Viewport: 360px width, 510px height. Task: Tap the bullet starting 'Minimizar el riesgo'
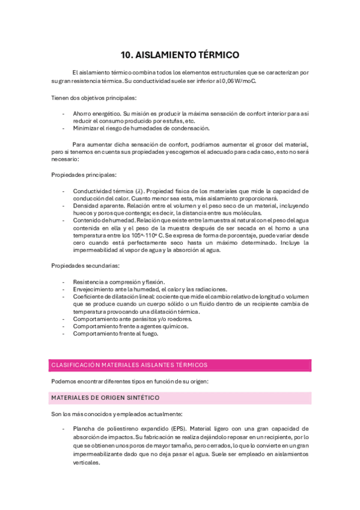(x=141, y=128)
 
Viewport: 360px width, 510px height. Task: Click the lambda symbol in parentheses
(x=139, y=191)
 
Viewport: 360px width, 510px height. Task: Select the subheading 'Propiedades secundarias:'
(x=85, y=265)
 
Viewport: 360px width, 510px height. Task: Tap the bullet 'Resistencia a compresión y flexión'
(x=118, y=282)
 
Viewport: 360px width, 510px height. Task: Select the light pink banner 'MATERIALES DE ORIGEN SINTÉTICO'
(x=105, y=398)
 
